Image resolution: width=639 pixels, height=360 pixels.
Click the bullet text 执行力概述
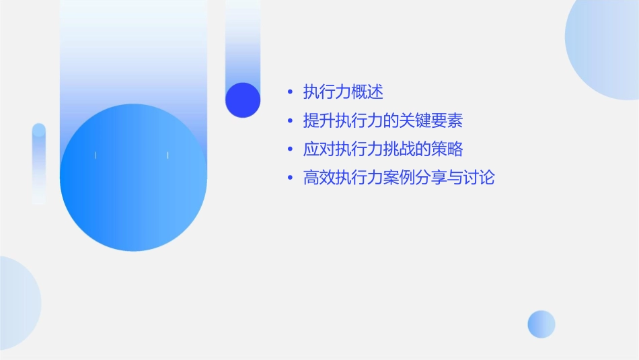point(343,92)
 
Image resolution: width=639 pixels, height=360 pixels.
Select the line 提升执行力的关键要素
point(383,121)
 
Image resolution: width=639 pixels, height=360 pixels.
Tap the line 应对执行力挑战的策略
point(383,149)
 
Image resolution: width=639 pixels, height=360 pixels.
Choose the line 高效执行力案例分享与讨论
point(399,178)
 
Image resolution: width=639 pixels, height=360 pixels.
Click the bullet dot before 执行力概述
point(289,92)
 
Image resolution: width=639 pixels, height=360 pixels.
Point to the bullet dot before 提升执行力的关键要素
point(289,121)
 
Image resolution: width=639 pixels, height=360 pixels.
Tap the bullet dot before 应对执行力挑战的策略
point(289,149)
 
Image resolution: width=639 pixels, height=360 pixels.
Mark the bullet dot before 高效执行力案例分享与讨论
point(289,178)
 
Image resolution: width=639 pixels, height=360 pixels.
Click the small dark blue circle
point(243,100)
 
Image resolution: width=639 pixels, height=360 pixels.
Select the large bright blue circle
point(133,178)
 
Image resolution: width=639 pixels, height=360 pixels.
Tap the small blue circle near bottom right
point(541,324)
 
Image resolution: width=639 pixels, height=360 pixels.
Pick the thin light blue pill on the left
point(39,164)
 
